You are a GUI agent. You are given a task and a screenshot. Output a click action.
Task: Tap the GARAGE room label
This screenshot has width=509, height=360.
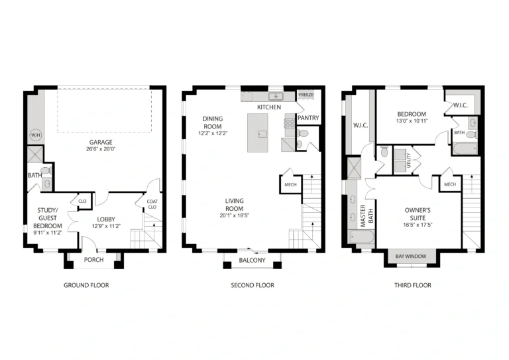[x=101, y=142]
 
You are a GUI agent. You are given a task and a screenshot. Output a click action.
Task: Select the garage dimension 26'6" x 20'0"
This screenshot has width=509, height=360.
[x=101, y=149]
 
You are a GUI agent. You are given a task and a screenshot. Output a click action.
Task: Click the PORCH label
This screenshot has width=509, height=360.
[x=94, y=260]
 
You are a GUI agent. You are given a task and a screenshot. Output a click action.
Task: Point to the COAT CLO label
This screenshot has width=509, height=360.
[x=152, y=204]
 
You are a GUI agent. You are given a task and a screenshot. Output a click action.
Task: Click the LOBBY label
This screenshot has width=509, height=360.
[x=106, y=219]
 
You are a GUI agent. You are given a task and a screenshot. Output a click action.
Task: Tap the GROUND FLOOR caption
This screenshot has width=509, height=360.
[x=86, y=285]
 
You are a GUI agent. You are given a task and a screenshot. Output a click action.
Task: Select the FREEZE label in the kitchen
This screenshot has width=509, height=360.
[x=306, y=95]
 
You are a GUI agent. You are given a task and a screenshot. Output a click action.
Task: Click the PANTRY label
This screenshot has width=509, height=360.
[x=308, y=118]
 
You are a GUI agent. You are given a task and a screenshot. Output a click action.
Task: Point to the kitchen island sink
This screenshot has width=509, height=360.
[x=262, y=134]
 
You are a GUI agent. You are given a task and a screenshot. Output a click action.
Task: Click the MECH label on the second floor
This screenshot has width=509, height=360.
[x=290, y=185]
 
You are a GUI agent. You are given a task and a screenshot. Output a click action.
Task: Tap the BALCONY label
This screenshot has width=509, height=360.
[x=253, y=261]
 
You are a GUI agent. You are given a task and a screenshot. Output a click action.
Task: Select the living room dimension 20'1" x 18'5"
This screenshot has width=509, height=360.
[x=235, y=215]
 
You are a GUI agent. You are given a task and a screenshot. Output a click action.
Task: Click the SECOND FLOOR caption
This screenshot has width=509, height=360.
[x=253, y=285]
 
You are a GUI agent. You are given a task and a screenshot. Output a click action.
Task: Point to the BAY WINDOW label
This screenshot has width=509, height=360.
[x=411, y=257]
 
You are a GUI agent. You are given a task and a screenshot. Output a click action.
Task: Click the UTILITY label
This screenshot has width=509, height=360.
[x=409, y=160]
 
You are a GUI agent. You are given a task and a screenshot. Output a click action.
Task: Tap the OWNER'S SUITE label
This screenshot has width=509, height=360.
[x=418, y=214]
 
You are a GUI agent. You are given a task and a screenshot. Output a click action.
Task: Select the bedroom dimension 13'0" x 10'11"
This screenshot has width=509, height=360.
[x=412, y=121]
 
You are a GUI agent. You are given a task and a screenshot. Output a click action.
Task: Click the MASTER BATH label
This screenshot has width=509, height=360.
[x=367, y=215]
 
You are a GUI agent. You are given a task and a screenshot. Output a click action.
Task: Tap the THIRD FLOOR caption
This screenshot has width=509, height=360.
[x=413, y=285]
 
